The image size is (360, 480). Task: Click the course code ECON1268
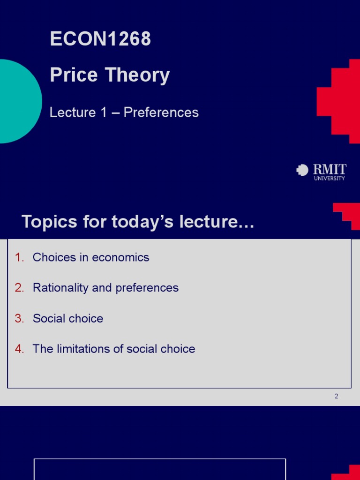100,39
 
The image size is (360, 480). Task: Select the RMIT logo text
330,169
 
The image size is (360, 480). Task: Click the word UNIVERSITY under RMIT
329,179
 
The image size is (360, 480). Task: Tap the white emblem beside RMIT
302,170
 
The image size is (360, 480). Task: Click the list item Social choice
68,319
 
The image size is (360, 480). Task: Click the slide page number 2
336,396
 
